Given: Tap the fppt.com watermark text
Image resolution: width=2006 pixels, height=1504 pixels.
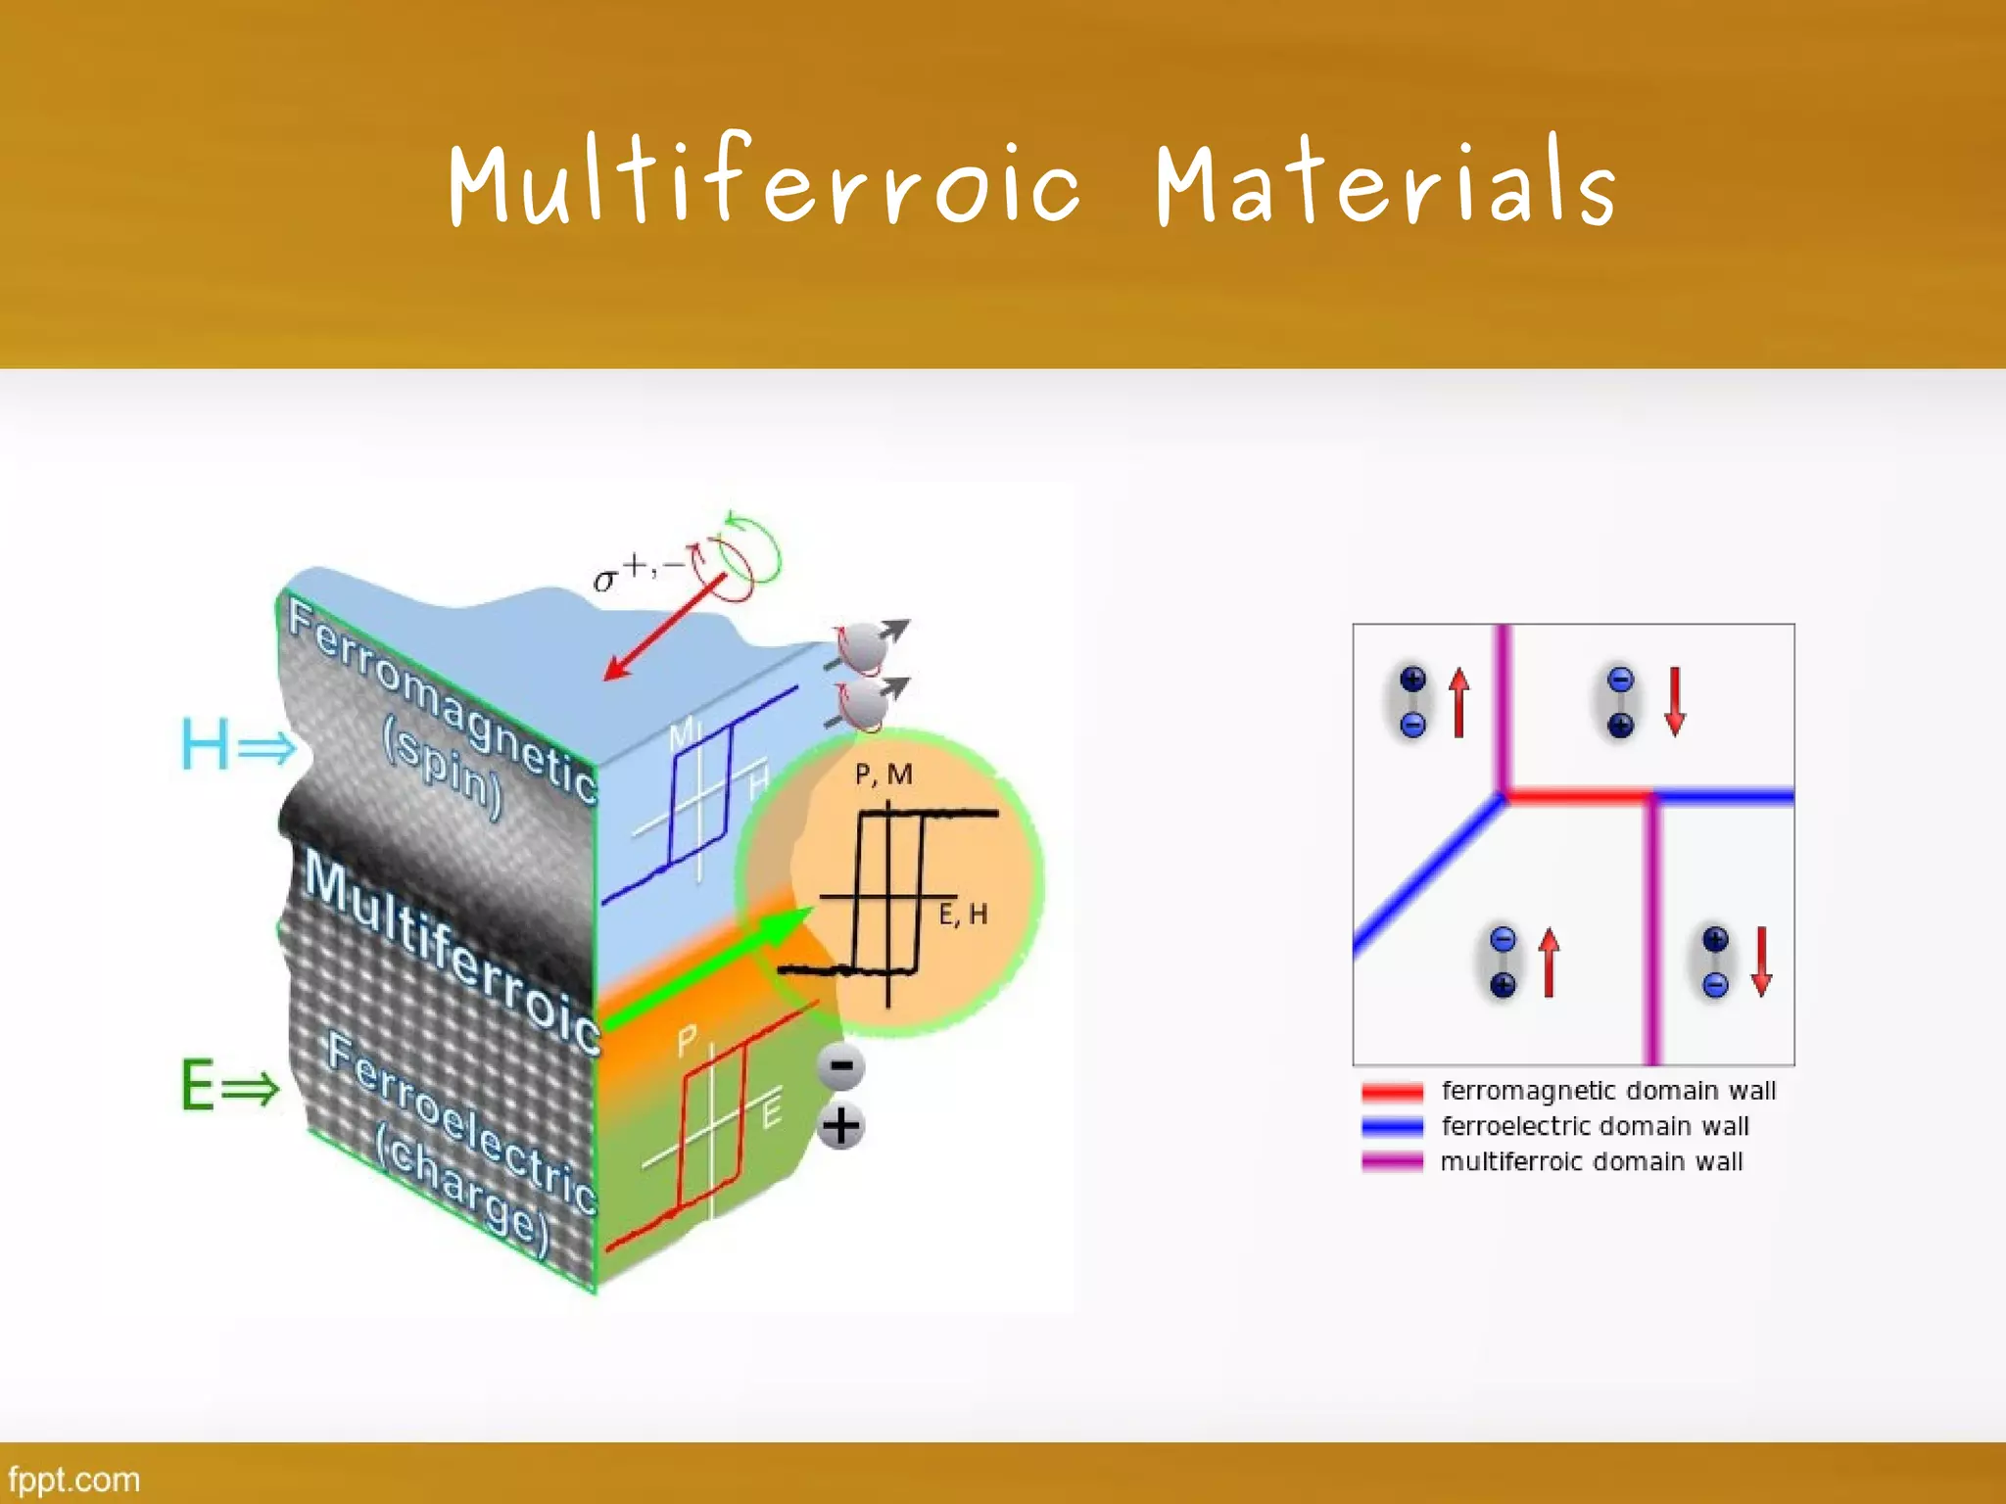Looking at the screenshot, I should [x=73, y=1479].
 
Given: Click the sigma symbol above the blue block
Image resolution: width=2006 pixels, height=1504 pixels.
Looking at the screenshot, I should [x=606, y=580].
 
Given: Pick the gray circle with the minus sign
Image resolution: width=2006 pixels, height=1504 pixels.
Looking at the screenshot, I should [x=840, y=1066].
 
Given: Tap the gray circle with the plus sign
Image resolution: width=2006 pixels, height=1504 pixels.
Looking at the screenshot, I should [x=840, y=1126].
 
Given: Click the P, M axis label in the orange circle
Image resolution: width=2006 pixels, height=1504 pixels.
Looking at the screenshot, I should [x=884, y=775].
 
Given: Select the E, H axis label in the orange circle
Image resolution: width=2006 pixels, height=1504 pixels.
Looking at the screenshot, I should [x=963, y=915].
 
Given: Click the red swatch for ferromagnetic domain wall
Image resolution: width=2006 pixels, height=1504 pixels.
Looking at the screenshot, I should [x=1392, y=1092].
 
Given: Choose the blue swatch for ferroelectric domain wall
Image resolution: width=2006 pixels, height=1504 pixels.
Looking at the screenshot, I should [x=1392, y=1127].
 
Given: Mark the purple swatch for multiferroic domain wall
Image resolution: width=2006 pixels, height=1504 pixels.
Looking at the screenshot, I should [x=1392, y=1162].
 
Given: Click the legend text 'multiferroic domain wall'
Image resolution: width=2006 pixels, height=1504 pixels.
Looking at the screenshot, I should [x=1592, y=1162].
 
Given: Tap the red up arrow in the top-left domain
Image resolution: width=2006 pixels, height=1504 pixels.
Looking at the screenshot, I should [x=1459, y=702].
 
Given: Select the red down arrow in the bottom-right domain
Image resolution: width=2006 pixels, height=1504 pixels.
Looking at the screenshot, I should [x=1762, y=962].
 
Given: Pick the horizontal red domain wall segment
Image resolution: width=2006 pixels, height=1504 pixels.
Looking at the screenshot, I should [x=1577, y=797].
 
